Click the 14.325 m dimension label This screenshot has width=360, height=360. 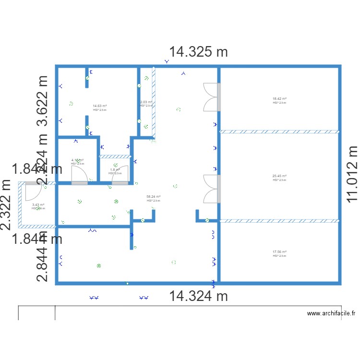(x=198, y=52)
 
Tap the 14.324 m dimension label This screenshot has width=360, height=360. (x=198, y=296)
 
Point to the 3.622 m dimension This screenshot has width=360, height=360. (x=44, y=101)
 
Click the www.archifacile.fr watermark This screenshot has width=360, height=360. (x=331, y=313)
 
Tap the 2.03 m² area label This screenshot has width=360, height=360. (x=146, y=102)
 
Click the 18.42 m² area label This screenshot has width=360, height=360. (x=279, y=99)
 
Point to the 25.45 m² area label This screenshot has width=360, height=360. (x=279, y=176)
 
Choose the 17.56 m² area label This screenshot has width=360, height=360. (x=279, y=252)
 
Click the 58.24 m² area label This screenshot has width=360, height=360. (x=153, y=196)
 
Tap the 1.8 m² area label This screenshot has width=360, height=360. (x=115, y=169)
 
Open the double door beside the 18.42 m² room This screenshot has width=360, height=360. (x=211, y=97)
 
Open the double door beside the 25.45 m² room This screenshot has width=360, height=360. (x=211, y=188)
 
